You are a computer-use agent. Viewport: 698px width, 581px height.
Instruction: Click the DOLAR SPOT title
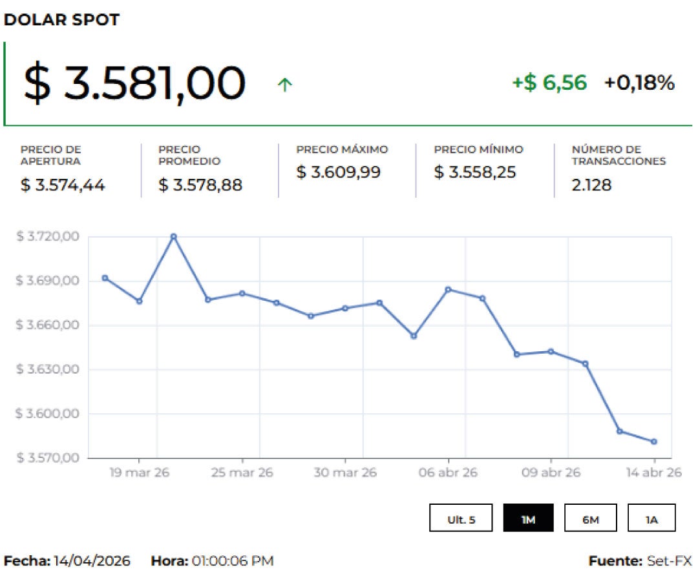point(61,19)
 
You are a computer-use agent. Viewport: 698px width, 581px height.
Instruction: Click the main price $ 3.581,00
point(134,84)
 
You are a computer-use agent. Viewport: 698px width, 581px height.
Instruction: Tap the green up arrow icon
point(284,85)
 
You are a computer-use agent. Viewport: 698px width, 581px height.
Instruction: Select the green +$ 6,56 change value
point(549,83)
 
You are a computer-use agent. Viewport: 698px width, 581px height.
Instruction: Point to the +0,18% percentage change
point(639,83)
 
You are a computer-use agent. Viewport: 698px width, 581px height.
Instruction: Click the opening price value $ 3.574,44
point(63,185)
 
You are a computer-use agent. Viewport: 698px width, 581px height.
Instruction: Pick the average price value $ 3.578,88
point(200,185)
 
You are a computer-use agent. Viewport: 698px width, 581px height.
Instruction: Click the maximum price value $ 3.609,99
point(338,172)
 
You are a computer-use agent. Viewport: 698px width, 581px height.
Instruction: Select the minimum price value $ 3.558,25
point(475,172)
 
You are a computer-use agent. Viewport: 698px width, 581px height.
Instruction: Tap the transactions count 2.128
point(591,185)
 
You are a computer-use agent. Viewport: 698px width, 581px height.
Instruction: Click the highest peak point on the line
point(173,236)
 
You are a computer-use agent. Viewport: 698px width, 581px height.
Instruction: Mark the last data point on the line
point(654,442)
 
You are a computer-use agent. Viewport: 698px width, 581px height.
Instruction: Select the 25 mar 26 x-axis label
point(242,473)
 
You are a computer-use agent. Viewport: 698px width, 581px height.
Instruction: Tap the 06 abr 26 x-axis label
point(448,473)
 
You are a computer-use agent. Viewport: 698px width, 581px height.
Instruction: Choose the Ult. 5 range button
point(461,518)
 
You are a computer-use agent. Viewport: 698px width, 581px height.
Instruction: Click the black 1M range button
point(528,518)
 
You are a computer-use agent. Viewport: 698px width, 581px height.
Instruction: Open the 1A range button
point(651,518)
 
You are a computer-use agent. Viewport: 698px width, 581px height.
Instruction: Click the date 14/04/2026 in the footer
point(92,561)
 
